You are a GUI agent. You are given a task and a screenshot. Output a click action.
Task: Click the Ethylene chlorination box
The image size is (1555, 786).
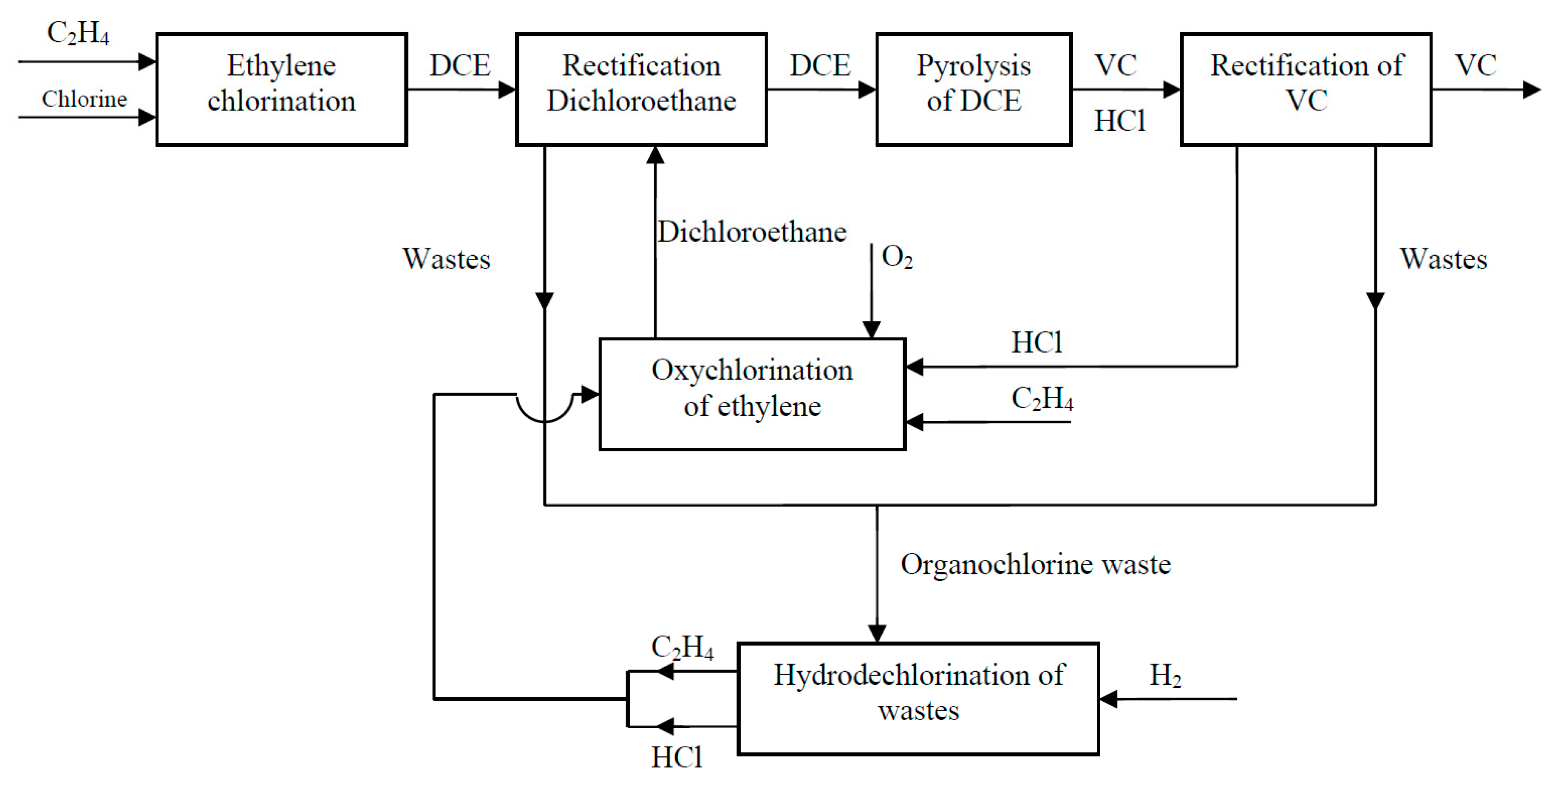pos(281,89)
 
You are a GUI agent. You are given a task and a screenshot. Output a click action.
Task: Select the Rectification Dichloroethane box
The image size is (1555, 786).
pos(641,89)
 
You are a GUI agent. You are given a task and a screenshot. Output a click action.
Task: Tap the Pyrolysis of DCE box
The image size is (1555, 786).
pos(974,89)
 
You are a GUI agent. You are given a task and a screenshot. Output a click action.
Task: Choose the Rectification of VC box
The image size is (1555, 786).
pos(1306,89)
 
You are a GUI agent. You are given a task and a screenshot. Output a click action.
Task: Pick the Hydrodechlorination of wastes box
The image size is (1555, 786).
pos(918,698)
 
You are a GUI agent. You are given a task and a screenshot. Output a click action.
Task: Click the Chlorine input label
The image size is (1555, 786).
pos(85,99)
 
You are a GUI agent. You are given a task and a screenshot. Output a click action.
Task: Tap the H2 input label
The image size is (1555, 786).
pos(1165,676)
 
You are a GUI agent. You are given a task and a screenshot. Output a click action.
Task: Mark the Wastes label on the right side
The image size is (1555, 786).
pos(1443,259)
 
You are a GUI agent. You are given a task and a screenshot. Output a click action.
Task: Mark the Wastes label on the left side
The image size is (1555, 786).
pos(446,259)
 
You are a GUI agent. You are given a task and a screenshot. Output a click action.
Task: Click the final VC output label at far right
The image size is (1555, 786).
pos(1476,65)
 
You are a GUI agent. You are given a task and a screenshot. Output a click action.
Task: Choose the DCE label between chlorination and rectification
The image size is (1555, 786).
pos(459,65)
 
